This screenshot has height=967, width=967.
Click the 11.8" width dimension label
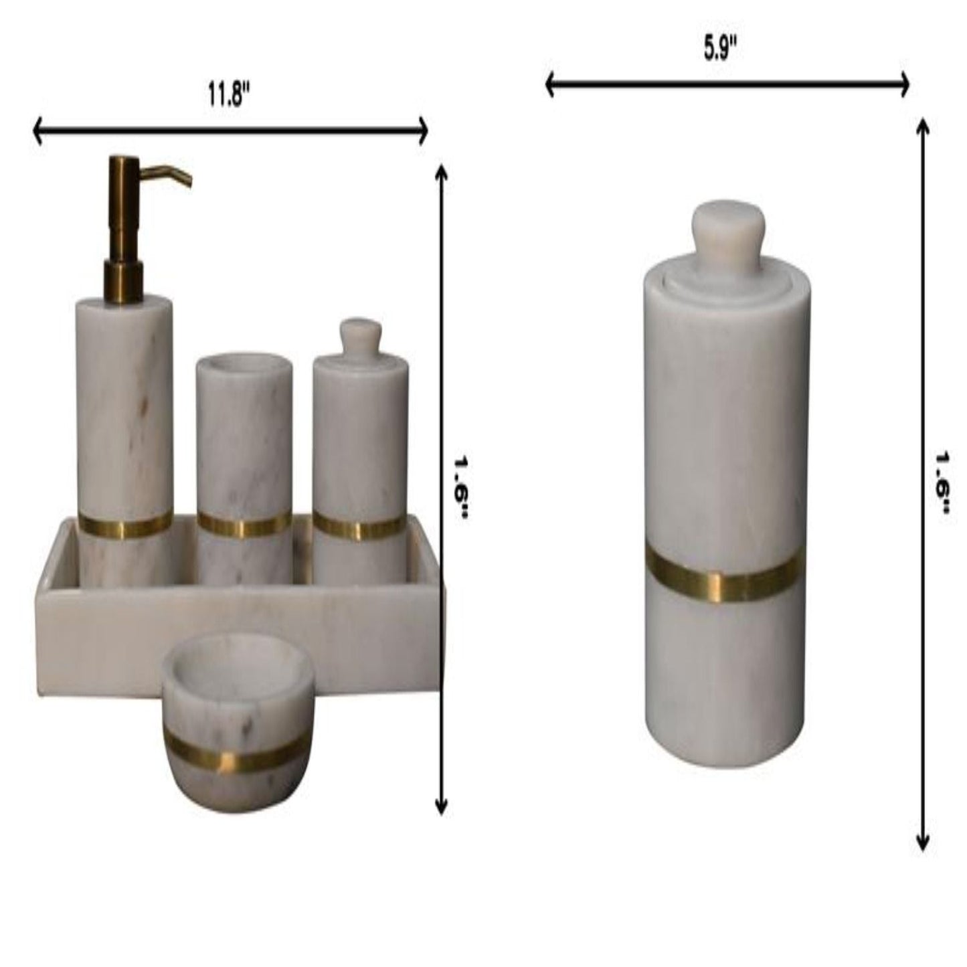(x=230, y=96)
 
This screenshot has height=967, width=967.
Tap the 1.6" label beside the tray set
(x=461, y=489)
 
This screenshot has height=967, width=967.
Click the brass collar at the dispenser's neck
(x=123, y=282)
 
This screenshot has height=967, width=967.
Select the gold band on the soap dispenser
(x=125, y=525)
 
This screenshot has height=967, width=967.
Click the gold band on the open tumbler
(x=244, y=525)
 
